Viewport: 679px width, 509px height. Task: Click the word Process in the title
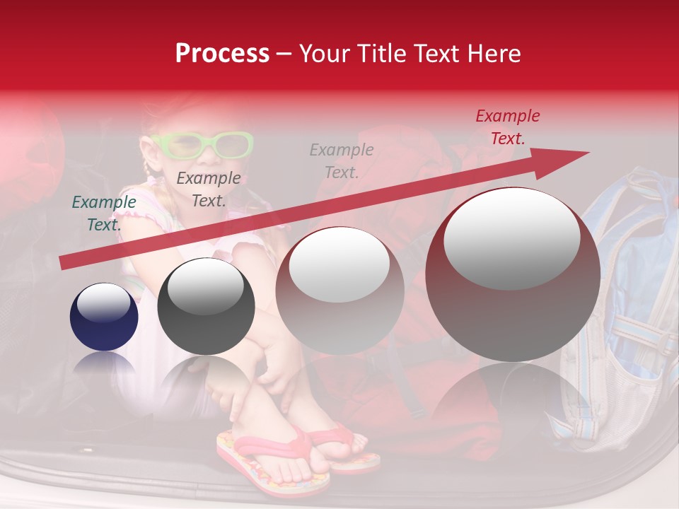click(x=222, y=54)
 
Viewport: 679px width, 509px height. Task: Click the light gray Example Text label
click(x=342, y=161)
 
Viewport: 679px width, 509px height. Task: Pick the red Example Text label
click(x=507, y=127)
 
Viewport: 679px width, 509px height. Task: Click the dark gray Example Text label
click(x=208, y=189)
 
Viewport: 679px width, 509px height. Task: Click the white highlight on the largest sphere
click(x=512, y=237)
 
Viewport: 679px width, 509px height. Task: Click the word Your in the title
click(x=322, y=54)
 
